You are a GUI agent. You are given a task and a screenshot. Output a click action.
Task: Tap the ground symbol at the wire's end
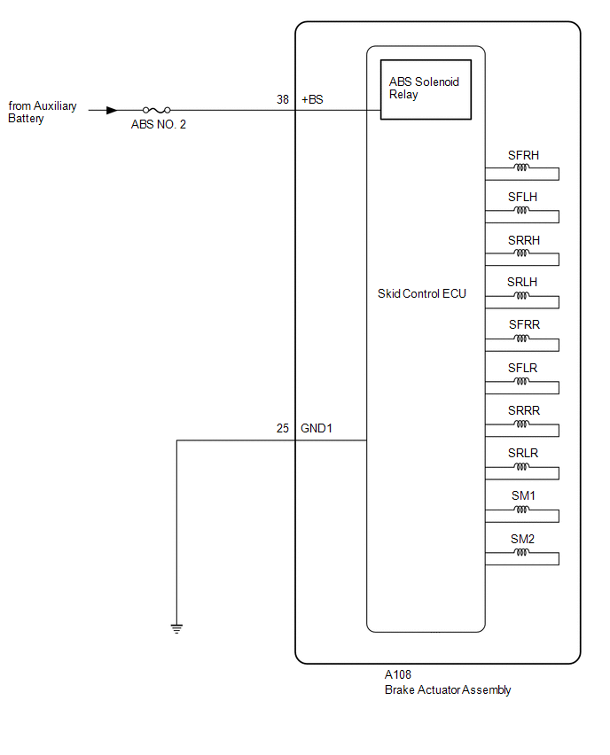pyautogui.click(x=176, y=628)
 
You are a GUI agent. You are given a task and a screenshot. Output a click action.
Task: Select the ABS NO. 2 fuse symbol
pyautogui.click(x=157, y=110)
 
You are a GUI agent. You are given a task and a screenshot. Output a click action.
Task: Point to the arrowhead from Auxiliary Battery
pyautogui.click(x=112, y=110)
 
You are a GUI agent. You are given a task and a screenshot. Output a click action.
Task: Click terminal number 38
pyautogui.click(x=283, y=99)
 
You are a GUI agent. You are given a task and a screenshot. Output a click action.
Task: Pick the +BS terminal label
pyautogui.click(x=312, y=99)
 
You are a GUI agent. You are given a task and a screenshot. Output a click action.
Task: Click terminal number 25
pyautogui.click(x=283, y=428)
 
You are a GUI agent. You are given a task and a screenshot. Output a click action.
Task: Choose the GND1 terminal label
pyautogui.click(x=317, y=428)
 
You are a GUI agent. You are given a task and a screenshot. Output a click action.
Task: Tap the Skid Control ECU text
pyautogui.click(x=422, y=293)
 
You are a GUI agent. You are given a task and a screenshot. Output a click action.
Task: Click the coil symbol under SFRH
pyautogui.click(x=522, y=167)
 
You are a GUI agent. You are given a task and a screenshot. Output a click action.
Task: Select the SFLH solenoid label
pyautogui.click(x=522, y=197)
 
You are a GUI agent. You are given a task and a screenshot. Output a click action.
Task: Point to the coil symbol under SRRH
pyautogui.click(x=522, y=253)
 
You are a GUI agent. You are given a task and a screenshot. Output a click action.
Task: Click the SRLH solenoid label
pyautogui.click(x=522, y=282)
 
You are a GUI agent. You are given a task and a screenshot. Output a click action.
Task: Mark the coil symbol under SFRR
pyautogui.click(x=522, y=339)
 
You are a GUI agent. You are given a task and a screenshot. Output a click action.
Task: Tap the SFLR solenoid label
pyautogui.click(x=522, y=368)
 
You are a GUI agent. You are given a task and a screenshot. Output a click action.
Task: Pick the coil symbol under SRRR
pyautogui.click(x=522, y=424)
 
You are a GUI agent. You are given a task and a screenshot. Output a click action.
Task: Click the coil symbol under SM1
pyautogui.click(x=522, y=510)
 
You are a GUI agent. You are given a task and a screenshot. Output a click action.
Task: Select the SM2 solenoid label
pyautogui.click(x=523, y=539)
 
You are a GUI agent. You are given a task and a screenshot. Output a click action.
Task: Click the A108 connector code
pyautogui.click(x=398, y=674)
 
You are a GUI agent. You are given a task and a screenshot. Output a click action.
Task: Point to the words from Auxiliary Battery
pyautogui.click(x=43, y=112)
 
